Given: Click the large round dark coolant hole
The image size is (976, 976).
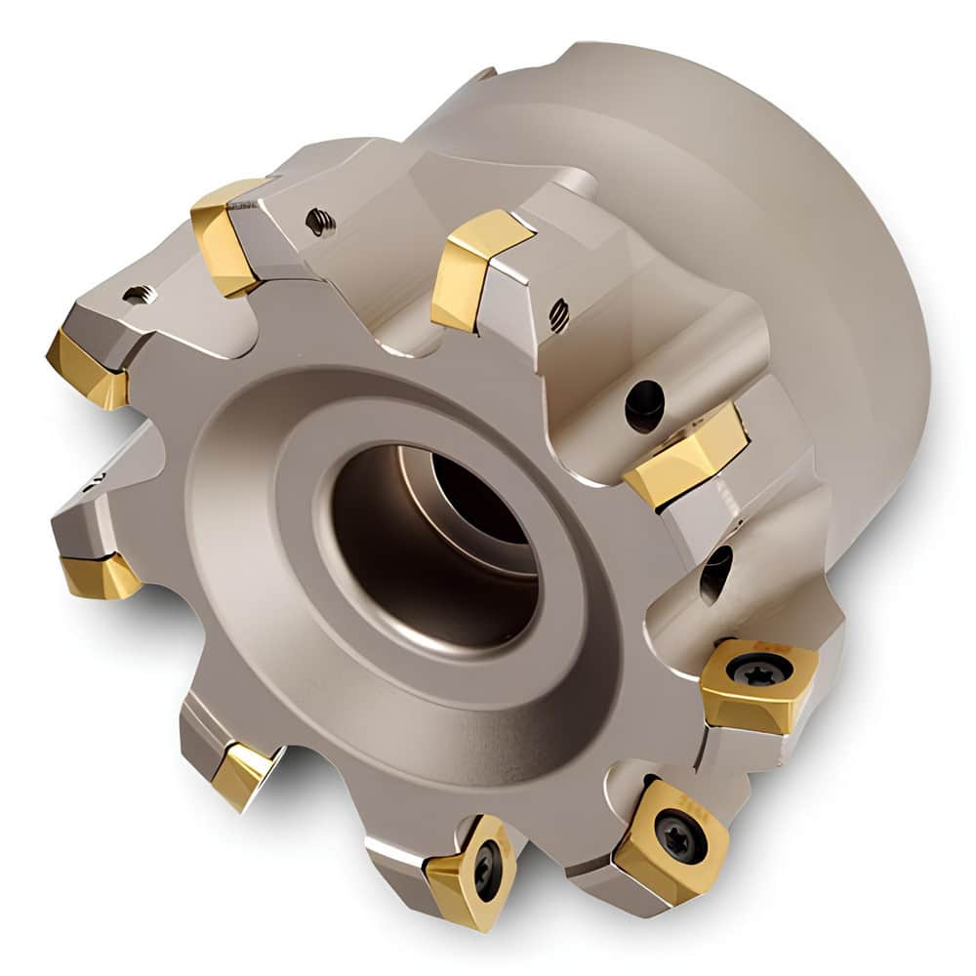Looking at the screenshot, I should (644, 402).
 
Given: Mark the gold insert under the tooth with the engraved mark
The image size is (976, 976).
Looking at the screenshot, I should (100, 575).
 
